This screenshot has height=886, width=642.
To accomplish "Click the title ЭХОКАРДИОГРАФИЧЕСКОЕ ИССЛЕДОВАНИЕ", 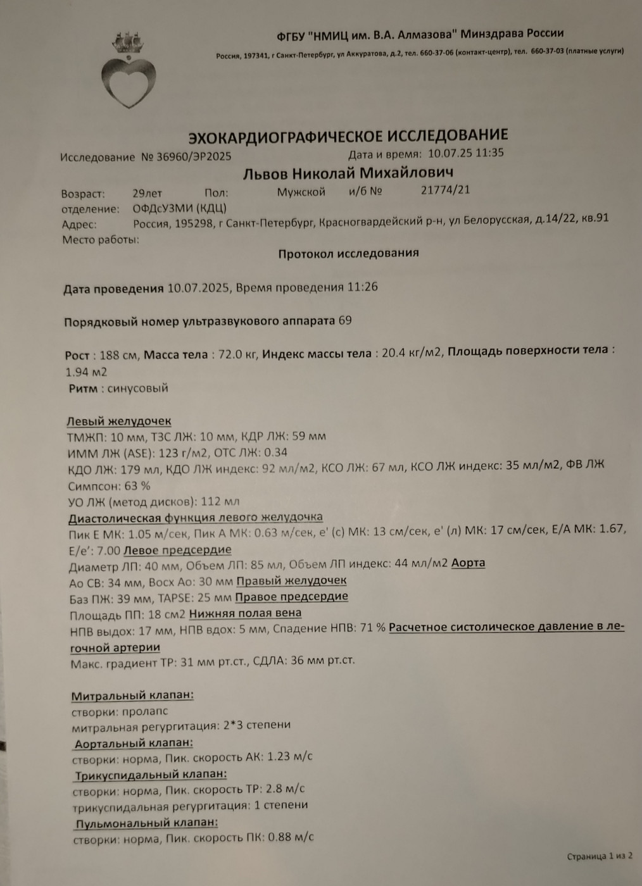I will click(348, 136).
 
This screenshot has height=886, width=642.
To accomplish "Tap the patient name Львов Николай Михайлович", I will click(348, 173).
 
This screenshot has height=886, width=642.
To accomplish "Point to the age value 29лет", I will click(147, 193).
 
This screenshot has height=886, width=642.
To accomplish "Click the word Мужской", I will click(301, 192).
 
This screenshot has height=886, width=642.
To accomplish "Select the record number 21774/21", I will click(445, 190).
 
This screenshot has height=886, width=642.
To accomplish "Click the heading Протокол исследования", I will click(348, 253).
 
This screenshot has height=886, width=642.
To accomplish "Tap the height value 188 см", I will click(118, 355).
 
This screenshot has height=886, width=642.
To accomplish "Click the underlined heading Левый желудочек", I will click(119, 421).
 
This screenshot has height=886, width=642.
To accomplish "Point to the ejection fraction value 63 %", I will click(137, 486).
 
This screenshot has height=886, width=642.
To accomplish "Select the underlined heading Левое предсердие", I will click(177, 550).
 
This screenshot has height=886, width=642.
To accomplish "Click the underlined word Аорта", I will click(468, 563).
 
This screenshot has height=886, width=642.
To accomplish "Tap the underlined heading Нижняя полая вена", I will click(245, 613).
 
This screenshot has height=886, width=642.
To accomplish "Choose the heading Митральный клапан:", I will click(132, 696).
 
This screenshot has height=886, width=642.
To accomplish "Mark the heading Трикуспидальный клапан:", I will click(151, 775).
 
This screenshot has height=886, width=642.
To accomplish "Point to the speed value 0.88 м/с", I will click(291, 837).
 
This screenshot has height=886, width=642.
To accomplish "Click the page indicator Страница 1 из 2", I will click(599, 856).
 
